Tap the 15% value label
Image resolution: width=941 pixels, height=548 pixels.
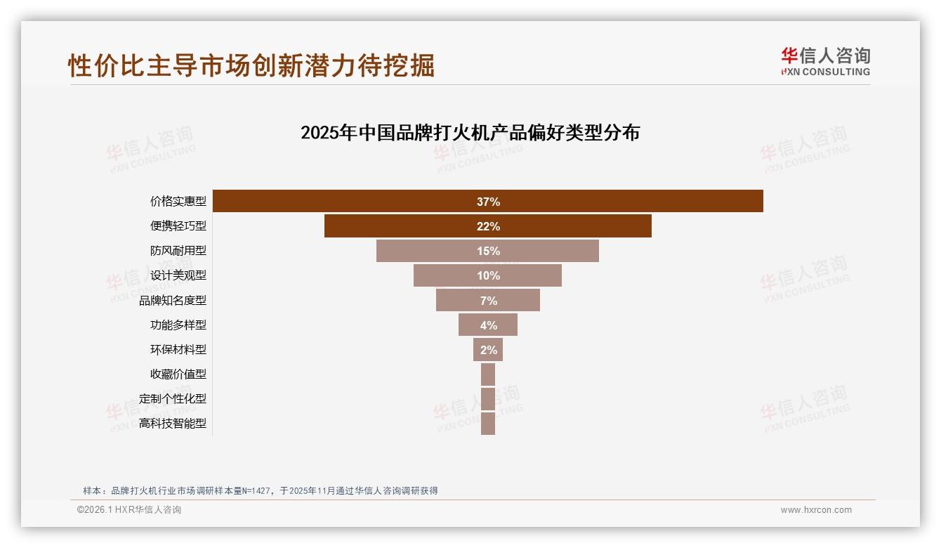pyautogui.click(x=488, y=251)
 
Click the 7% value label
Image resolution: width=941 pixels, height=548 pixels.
pyautogui.click(x=488, y=301)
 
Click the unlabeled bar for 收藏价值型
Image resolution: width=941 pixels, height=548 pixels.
pyautogui.click(x=488, y=374)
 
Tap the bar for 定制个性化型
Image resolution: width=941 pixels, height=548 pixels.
pyautogui.click(x=488, y=399)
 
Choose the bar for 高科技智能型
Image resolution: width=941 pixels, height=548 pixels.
pyautogui.click(x=488, y=424)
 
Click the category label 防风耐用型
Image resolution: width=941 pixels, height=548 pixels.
pyautogui.click(x=178, y=251)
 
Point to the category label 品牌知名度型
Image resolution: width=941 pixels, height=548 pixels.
pyautogui.click(x=173, y=301)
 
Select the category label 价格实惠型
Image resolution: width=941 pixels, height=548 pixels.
pyautogui.click(x=178, y=202)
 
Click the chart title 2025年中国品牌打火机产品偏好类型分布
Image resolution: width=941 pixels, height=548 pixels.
pyautogui.click(x=470, y=133)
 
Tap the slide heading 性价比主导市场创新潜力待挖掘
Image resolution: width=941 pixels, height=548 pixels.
pyautogui.click(x=251, y=65)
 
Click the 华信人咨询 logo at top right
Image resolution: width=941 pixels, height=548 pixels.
pyautogui.click(x=825, y=62)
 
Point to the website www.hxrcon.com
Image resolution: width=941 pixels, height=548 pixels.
pyautogui.click(x=816, y=510)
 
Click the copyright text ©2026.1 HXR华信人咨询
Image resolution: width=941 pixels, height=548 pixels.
pyautogui.click(x=129, y=510)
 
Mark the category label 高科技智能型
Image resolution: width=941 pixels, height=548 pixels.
pyautogui.click(x=173, y=424)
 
